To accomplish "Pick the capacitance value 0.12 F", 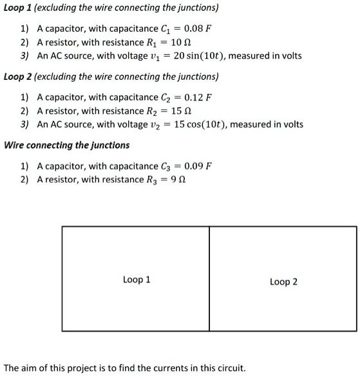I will click(198, 98).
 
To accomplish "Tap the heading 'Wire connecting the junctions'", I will click(67, 145).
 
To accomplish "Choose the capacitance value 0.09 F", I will click(198, 166).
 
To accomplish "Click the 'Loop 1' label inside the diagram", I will click(137, 279).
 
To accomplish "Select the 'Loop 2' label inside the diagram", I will click(283, 281).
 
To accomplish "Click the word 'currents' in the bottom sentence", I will click(166, 368).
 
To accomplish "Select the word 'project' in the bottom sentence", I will click(70, 369).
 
